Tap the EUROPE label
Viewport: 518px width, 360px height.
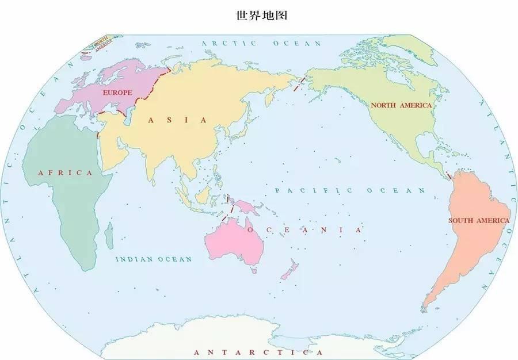tap(117, 92)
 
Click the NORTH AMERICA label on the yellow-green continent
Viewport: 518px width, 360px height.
tap(401, 105)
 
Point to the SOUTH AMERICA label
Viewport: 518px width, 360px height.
tap(479, 220)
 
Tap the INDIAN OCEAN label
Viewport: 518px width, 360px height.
tap(154, 259)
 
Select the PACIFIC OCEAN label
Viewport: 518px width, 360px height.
tap(350, 190)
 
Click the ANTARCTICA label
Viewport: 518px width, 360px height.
tap(258, 352)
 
